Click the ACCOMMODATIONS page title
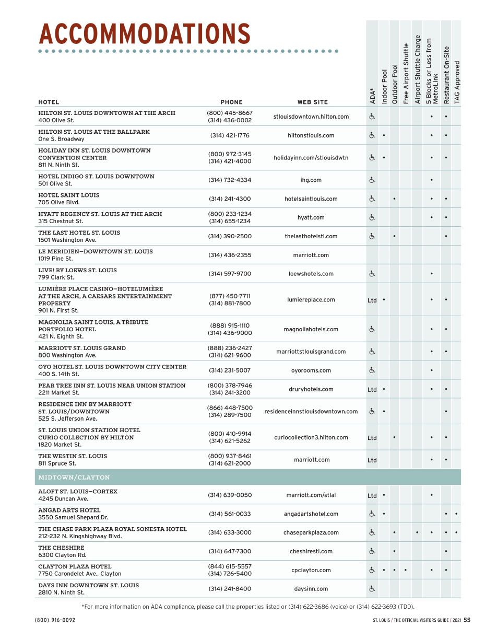(x=145, y=34)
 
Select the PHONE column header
(x=231, y=102)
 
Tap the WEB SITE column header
(x=313, y=102)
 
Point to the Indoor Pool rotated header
(x=385, y=86)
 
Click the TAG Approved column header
(x=457, y=82)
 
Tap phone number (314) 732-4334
(x=230, y=180)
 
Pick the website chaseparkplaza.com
(x=311, y=533)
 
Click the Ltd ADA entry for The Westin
(x=372, y=460)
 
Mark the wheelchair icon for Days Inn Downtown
(x=372, y=589)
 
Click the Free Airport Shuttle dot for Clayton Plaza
(x=406, y=570)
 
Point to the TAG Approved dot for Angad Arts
(x=457, y=514)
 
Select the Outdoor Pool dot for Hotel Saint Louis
(x=394, y=199)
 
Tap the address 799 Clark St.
(x=56, y=277)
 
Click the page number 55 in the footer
(x=467, y=620)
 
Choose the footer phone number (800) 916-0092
(x=55, y=620)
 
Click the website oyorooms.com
(x=311, y=370)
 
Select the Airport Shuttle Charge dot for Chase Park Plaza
(x=417, y=533)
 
